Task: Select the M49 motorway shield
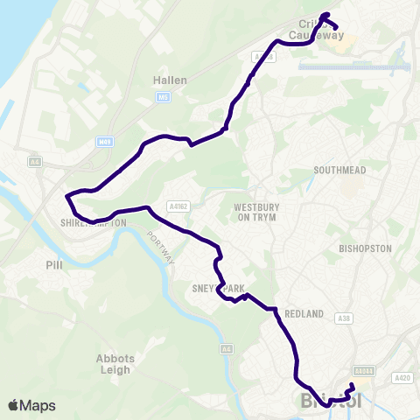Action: pyautogui.click(x=102, y=140)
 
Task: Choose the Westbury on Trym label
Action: pyautogui.click(x=256, y=213)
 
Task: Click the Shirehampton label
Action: pyautogui.click(x=94, y=223)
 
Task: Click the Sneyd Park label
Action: pyautogui.click(x=217, y=287)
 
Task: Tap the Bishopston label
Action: pyautogui.click(x=365, y=248)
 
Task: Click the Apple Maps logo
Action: pyautogui.click(x=31, y=405)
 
